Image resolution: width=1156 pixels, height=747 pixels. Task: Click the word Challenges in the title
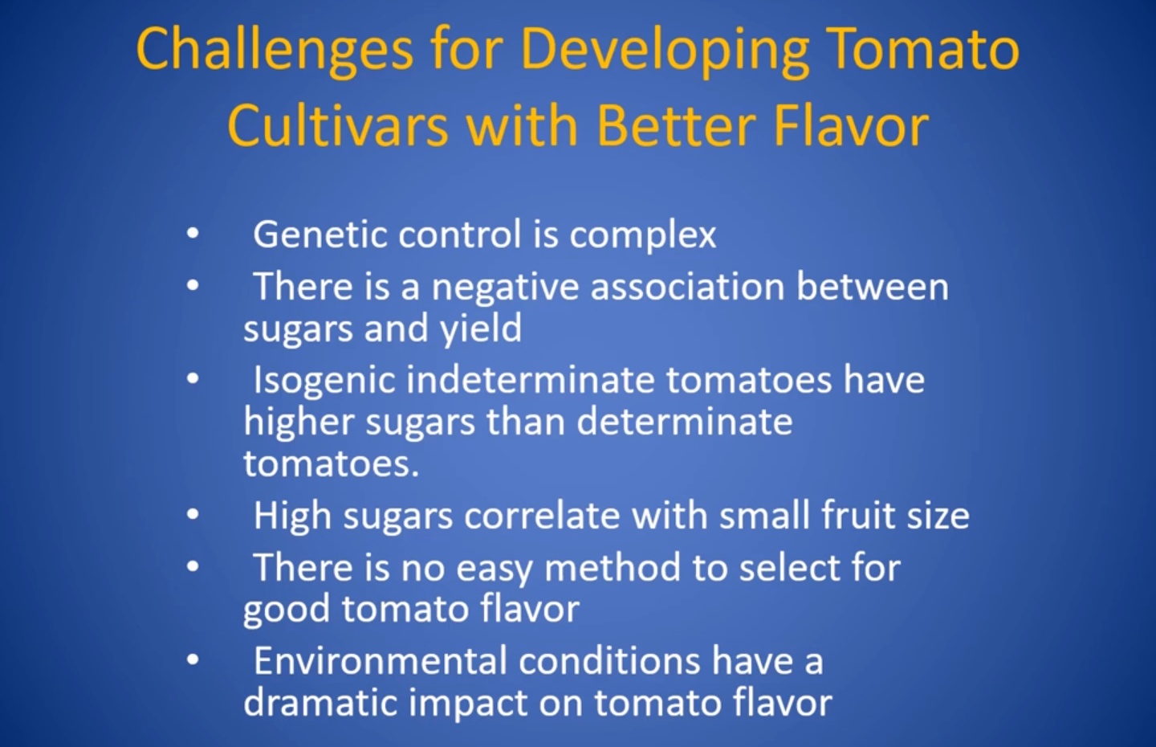(275, 51)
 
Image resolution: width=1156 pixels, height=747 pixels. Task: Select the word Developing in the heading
(665, 51)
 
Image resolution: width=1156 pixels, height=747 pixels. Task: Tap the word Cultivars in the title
(337, 125)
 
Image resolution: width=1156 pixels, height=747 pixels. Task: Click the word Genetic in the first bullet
(320, 234)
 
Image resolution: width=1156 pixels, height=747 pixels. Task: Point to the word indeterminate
(530, 379)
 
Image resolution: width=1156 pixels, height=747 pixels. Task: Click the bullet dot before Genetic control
(193, 234)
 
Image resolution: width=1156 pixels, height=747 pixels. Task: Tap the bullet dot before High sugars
(193, 514)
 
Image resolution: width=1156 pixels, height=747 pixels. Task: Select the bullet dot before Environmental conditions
(193, 659)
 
